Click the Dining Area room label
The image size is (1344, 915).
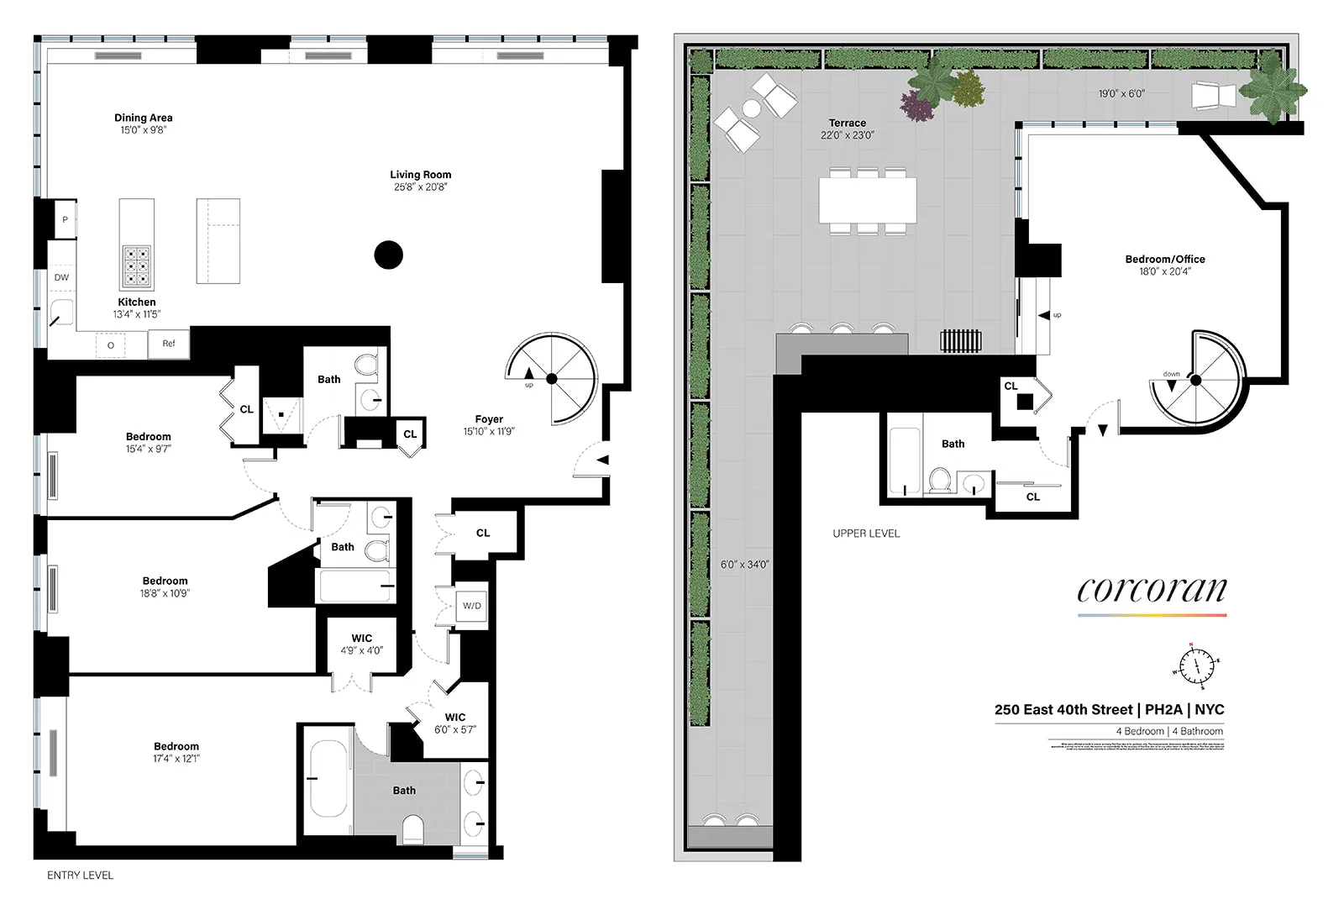coord(143,124)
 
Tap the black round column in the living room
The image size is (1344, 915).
coord(388,255)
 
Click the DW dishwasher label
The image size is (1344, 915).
coord(61,277)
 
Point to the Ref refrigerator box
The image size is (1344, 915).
coord(169,344)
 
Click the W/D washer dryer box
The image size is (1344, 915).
coord(471,606)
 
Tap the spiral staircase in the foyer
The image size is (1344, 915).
coord(551,379)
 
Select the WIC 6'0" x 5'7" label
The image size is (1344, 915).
coord(454,723)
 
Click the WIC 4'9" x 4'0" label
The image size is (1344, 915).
coord(361,644)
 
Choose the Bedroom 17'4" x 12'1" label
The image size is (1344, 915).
coord(176,752)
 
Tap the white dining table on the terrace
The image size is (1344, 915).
coord(867,200)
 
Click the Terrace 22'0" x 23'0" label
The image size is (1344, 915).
coord(847,129)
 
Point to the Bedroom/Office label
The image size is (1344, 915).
coord(1164,265)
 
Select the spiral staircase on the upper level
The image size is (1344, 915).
coord(1195,380)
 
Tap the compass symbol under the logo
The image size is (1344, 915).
coord(1195,666)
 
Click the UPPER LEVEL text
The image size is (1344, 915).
coord(866,534)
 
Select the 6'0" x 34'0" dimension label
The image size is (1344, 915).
coord(744,565)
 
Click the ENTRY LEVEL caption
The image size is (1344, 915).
coord(80,876)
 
